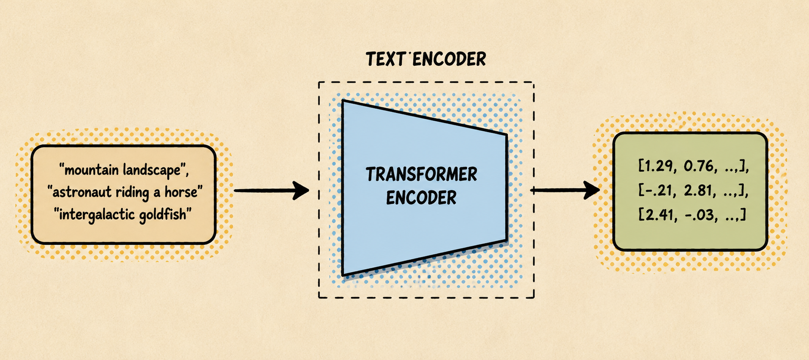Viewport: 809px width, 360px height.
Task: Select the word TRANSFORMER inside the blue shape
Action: (421, 174)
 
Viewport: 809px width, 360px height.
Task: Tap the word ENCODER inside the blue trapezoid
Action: (421, 198)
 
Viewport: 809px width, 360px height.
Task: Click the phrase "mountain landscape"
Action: (125, 170)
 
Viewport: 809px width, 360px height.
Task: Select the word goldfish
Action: (163, 214)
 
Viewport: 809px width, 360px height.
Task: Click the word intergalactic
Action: (96, 214)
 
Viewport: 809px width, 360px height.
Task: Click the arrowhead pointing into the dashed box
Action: (301, 190)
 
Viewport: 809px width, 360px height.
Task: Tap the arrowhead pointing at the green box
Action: (592, 190)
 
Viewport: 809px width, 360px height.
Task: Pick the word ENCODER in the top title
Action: (449, 59)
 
